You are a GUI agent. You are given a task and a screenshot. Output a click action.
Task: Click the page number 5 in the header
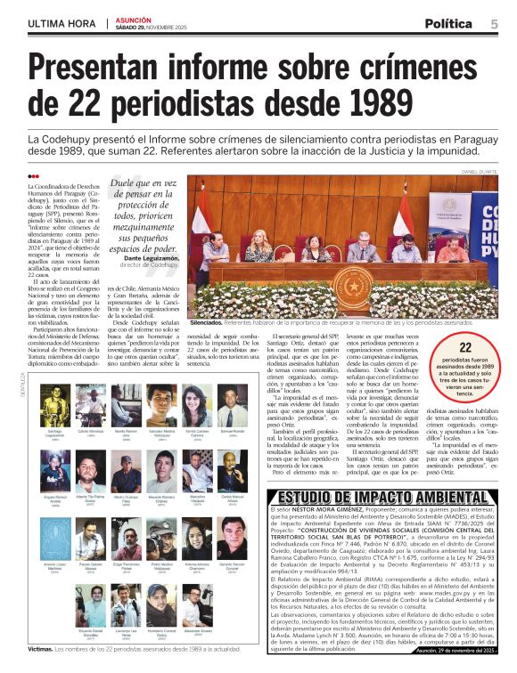click(494, 24)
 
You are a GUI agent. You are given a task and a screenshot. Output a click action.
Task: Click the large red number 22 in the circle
click(465, 350)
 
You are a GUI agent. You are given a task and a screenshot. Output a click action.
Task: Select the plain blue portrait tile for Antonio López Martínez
click(55, 539)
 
